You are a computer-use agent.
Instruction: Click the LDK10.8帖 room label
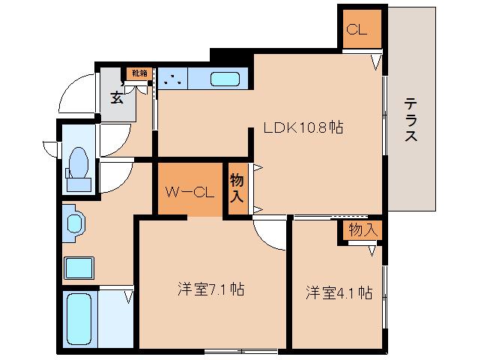click(x=303, y=127)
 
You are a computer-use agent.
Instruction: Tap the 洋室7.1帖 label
click(x=211, y=289)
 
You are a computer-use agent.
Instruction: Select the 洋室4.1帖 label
click(x=339, y=292)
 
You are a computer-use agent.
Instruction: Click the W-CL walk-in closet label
click(x=190, y=192)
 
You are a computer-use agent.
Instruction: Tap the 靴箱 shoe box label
click(x=139, y=73)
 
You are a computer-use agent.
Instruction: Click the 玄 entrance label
click(x=117, y=97)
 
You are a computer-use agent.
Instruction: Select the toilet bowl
click(x=79, y=163)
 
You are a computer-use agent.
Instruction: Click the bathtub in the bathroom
click(x=79, y=319)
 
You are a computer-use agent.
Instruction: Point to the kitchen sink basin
click(x=225, y=79)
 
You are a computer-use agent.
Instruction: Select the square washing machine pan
click(x=79, y=268)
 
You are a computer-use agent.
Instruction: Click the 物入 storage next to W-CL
click(x=237, y=187)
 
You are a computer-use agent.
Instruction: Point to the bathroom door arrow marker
click(x=129, y=297)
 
